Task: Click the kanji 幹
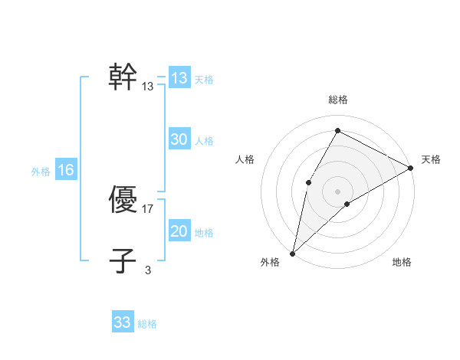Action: pos(123,77)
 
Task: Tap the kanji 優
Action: pos(123,201)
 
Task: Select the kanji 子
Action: pos(123,261)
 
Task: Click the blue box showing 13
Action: pos(179,78)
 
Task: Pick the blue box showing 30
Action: pos(179,139)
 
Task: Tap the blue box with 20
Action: pos(179,231)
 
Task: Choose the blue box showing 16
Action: pos(65,170)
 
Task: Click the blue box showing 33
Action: pos(123,322)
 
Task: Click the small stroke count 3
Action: pos(148,270)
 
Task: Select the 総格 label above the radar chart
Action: pos(338,100)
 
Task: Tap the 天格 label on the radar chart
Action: pos(431,159)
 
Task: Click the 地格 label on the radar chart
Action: pos(402,263)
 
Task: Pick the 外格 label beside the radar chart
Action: pos(270,263)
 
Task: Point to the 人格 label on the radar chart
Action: pos(245,159)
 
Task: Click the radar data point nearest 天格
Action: pos(411,168)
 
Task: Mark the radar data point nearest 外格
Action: pos(292,253)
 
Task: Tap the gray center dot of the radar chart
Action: pos(337,191)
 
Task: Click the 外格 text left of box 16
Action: pos(41,172)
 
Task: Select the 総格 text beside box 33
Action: pos(147,324)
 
